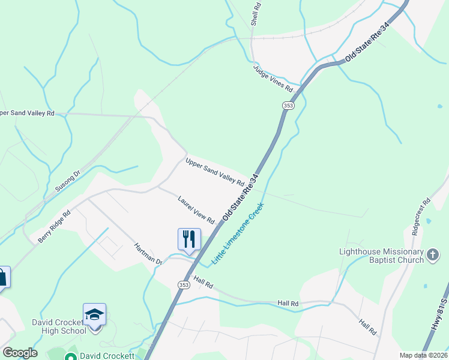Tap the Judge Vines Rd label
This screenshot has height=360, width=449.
click(x=273, y=79)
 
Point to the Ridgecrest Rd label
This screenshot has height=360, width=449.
click(x=421, y=217)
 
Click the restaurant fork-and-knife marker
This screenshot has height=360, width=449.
click(x=189, y=239)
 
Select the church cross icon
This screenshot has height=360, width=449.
click(x=432, y=256)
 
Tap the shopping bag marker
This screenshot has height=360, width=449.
click(x=2, y=277)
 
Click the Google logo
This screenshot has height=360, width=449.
click(x=20, y=353)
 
